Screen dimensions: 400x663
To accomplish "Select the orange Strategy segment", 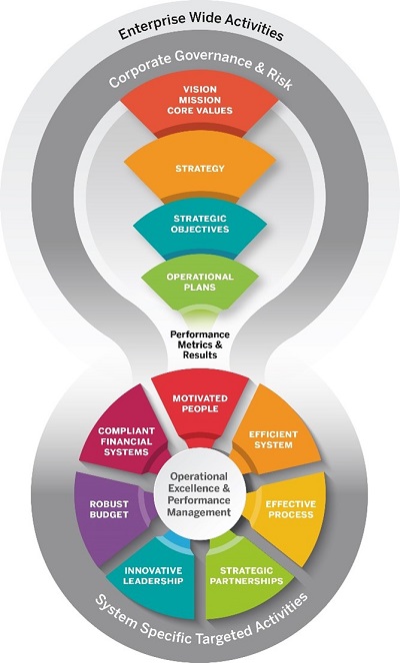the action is (200, 169).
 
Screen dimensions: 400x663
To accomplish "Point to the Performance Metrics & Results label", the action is (200, 344).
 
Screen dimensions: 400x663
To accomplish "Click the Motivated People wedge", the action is (200, 408).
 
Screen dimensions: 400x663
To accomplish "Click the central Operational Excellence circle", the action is (200, 494).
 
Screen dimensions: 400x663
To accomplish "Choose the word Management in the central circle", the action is (199, 513).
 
